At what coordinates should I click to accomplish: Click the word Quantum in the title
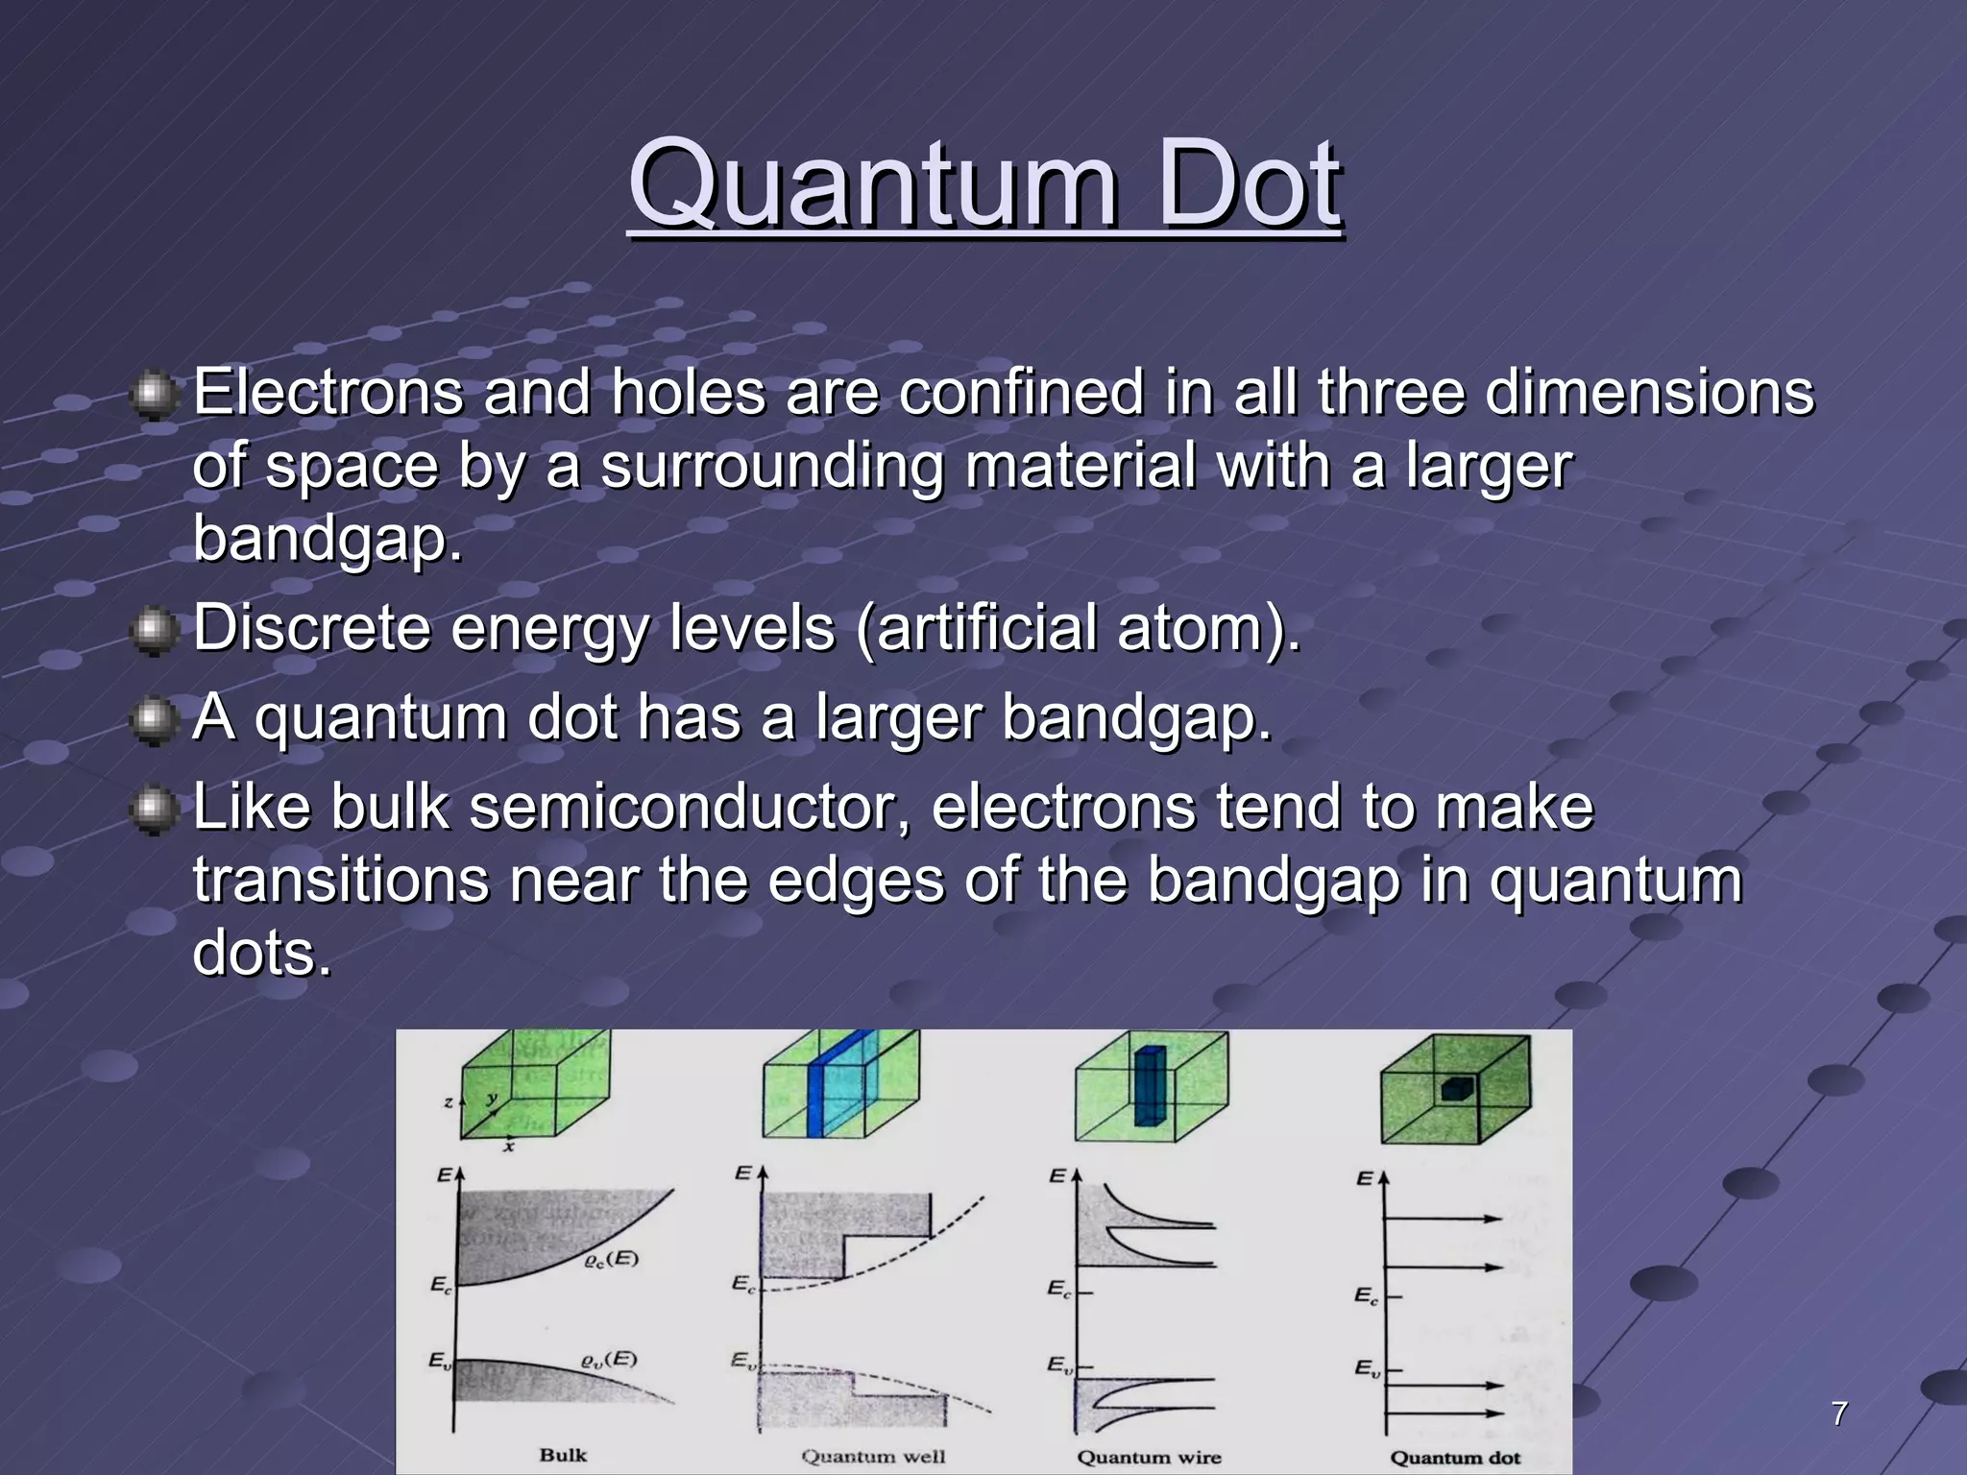point(872,182)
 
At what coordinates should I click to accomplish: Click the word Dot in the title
point(1249,182)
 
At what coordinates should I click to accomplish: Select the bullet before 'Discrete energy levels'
point(152,631)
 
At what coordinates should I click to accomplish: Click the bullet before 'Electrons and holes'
point(152,396)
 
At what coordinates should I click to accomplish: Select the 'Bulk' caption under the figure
point(563,1455)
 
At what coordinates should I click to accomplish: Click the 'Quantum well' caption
point(873,1457)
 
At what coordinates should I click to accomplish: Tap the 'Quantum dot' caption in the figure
point(1455,1458)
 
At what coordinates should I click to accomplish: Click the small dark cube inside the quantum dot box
point(1457,1089)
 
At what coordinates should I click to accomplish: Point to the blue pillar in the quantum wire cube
point(1149,1086)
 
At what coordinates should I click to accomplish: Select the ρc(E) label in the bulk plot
point(612,1259)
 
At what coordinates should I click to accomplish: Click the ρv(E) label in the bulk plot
point(609,1359)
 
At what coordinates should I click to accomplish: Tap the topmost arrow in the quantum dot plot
point(1441,1219)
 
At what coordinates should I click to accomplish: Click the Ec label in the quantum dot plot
point(1366,1296)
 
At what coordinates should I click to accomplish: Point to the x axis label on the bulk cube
point(509,1146)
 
